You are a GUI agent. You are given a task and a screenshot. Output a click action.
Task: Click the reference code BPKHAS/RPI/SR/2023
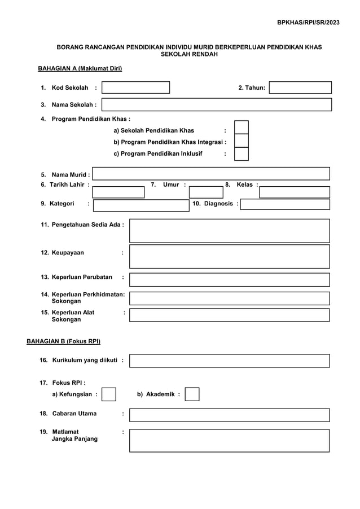[x=308, y=22]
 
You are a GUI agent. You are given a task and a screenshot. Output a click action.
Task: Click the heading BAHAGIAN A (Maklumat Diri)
[x=80, y=68]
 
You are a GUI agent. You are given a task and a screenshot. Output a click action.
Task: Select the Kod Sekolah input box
[x=135, y=87]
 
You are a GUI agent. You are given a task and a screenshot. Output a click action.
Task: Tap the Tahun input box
[x=300, y=87]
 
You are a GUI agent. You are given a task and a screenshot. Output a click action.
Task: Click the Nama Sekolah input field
[x=217, y=104]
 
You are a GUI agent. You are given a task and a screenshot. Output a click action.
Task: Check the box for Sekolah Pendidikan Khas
[x=242, y=128]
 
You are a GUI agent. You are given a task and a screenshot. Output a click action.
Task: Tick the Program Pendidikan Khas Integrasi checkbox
[x=242, y=141]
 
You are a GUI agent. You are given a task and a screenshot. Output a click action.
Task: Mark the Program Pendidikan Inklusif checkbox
[x=242, y=153]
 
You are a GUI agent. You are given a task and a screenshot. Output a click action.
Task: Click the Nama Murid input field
[x=211, y=174]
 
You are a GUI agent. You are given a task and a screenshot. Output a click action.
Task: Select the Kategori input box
[x=141, y=204]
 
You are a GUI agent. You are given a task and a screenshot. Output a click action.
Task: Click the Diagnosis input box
[x=285, y=204]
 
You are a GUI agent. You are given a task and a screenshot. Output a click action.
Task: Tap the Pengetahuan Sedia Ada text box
[x=230, y=231]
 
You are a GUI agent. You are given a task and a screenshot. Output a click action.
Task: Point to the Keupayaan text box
[x=230, y=256]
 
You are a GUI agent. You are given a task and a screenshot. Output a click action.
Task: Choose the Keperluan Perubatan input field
[x=230, y=280]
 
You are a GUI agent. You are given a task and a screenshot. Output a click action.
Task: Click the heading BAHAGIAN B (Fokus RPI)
[x=64, y=341]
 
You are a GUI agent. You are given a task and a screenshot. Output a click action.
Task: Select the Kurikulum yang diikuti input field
[x=230, y=361]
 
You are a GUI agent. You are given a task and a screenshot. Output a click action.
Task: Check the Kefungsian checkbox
[x=109, y=394]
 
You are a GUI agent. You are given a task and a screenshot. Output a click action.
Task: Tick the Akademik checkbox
[x=192, y=394]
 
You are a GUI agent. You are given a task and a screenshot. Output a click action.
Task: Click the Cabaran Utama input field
[x=230, y=415]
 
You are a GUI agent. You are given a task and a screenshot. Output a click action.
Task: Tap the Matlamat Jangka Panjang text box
[x=230, y=440]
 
